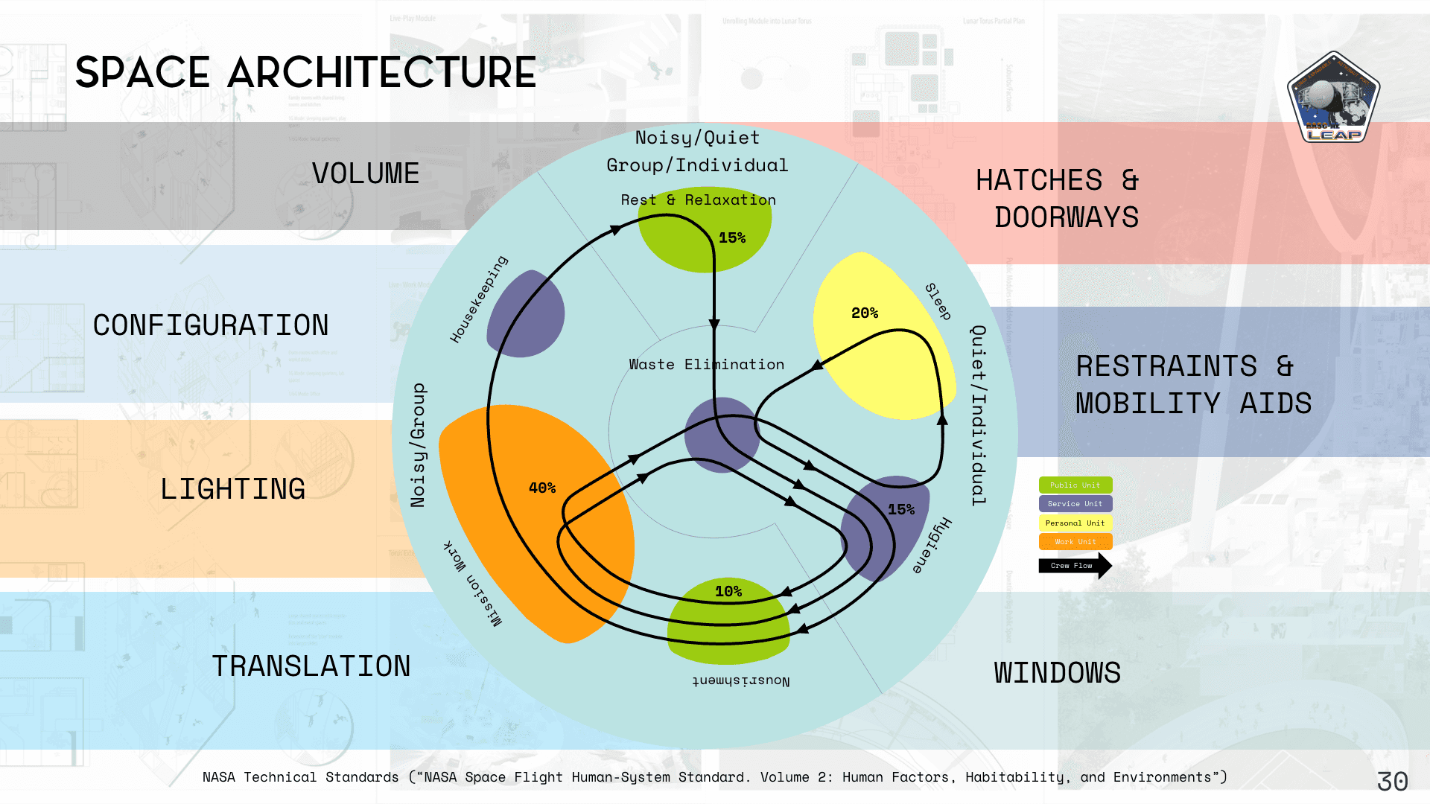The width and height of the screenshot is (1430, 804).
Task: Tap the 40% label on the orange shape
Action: [x=542, y=488]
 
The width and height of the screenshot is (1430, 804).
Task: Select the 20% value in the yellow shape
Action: [x=865, y=313]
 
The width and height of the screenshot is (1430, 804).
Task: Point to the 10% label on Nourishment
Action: [x=728, y=591]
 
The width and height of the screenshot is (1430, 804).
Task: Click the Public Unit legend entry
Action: [x=1075, y=485]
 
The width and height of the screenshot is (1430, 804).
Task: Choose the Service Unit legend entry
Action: [x=1075, y=504]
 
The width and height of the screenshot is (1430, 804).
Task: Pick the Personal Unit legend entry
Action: [x=1075, y=523]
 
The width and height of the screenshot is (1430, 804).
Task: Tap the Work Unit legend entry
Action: [x=1075, y=542]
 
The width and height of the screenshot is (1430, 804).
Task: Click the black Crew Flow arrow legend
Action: [x=1075, y=566]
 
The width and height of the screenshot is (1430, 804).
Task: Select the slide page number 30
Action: [x=1392, y=781]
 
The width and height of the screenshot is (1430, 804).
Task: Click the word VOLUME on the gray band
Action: [x=366, y=173]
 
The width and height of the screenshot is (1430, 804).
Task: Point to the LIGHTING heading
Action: [x=233, y=489]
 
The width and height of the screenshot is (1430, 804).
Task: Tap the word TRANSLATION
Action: [x=311, y=666]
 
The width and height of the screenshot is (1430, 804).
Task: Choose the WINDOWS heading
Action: [x=1057, y=673]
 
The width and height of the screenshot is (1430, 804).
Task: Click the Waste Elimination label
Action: [x=706, y=364]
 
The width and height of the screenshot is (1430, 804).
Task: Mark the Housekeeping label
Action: [x=479, y=299]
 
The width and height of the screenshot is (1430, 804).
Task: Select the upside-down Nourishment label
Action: [x=740, y=680]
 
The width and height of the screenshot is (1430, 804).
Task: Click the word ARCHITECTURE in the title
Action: [x=381, y=73]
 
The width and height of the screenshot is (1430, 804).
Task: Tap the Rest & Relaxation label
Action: [x=698, y=200]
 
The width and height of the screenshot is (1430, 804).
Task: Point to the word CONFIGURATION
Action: [x=211, y=325]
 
